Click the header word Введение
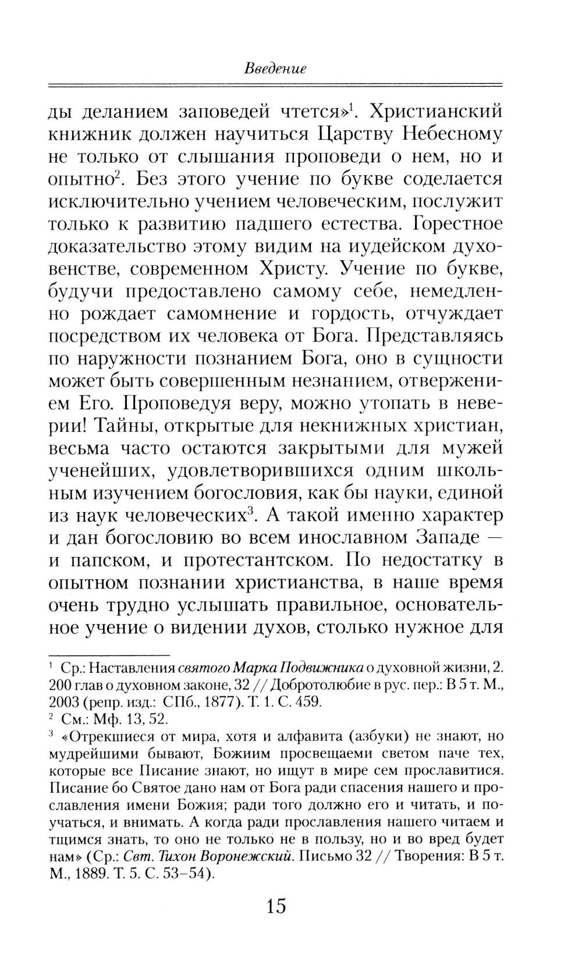click(x=275, y=69)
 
